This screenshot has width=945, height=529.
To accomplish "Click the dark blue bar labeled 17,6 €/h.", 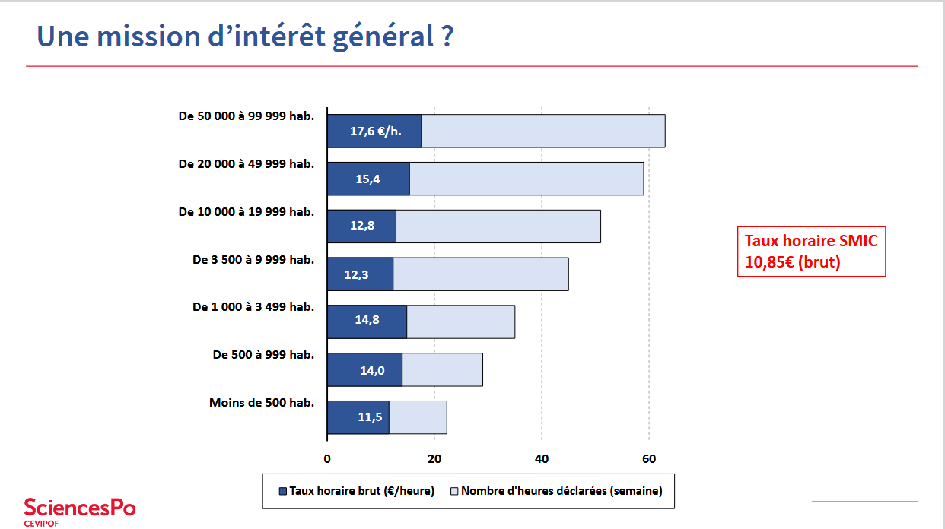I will (374, 131).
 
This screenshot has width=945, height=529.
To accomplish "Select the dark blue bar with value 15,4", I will (368, 179).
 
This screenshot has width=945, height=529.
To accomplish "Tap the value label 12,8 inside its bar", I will (361, 226).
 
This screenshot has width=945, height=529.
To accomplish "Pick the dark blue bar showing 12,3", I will (360, 274).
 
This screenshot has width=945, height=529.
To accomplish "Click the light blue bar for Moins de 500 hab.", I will (418, 417).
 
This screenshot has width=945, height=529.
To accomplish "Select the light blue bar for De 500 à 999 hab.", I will (442, 369).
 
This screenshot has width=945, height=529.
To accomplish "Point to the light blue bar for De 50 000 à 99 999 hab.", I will (543, 131).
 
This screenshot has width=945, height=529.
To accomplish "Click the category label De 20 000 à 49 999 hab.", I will (246, 164).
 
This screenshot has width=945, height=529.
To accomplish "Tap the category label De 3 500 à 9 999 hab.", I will (253, 260).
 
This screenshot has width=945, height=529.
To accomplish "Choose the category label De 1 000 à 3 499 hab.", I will (253, 307).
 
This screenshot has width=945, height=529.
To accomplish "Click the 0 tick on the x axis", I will (327, 458).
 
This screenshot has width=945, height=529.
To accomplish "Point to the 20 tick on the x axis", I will (434, 458).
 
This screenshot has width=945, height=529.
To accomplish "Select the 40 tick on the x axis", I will (542, 458).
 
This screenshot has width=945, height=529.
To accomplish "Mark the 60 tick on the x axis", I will (649, 458).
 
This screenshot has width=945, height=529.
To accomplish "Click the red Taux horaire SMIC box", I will (811, 252).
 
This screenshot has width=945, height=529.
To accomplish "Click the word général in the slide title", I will (384, 36).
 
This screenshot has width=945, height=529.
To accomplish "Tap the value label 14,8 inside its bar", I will (367, 320).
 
